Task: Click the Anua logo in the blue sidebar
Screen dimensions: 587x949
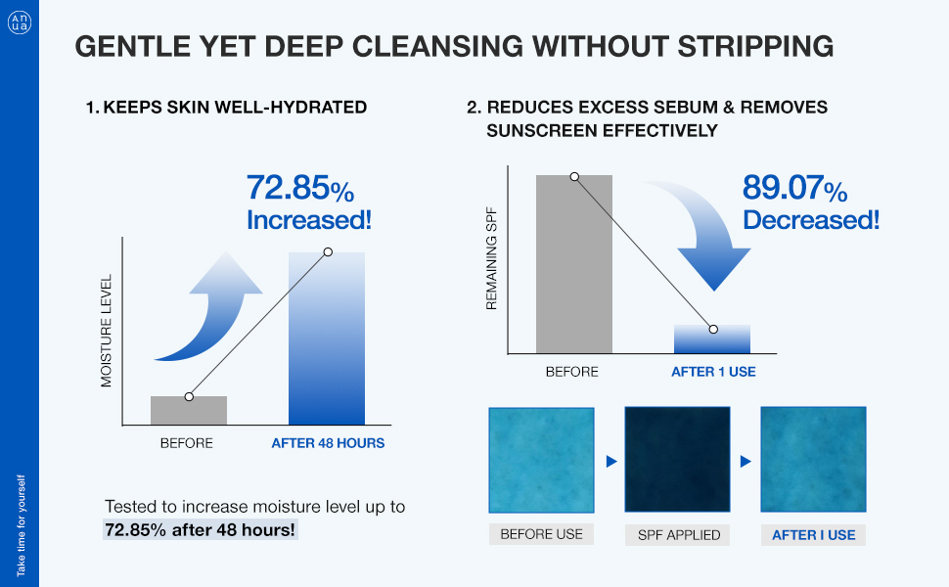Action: click(20, 22)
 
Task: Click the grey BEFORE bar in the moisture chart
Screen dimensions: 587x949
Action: click(189, 410)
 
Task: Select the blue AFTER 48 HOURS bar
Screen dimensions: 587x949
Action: click(327, 339)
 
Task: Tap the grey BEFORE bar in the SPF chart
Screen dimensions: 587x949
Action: click(574, 264)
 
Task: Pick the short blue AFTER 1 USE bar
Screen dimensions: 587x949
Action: click(712, 339)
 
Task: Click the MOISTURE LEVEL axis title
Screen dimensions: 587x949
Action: click(108, 331)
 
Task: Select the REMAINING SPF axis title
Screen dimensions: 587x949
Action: click(492, 258)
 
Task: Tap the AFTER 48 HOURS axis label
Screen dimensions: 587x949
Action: click(328, 443)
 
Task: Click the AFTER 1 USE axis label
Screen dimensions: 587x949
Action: click(713, 372)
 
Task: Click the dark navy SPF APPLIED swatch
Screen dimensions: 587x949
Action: click(677, 461)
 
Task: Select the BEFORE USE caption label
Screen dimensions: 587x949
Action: click(541, 534)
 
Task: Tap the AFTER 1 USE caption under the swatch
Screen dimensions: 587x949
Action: click(813, 534)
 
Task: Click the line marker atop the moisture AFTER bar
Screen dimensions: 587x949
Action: click(328, 252)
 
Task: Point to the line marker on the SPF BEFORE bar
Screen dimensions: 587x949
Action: click(574, 177)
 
